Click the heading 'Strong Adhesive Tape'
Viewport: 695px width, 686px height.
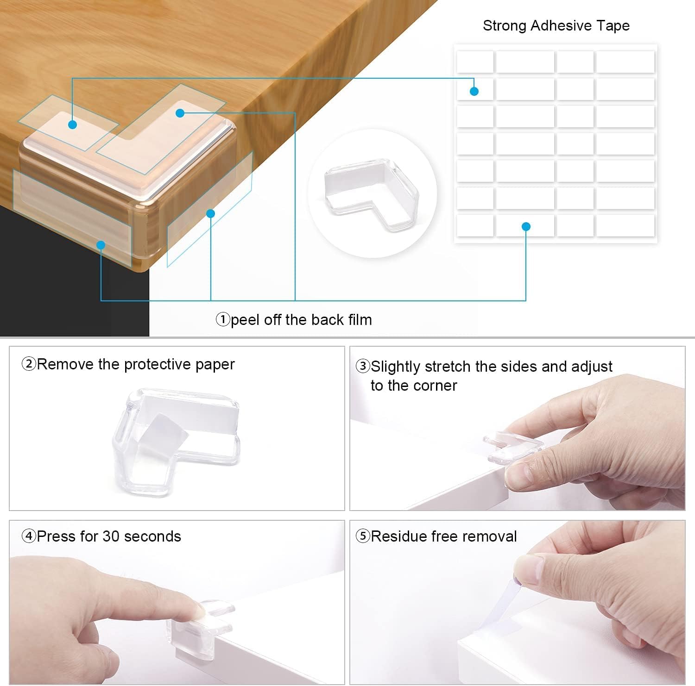556,25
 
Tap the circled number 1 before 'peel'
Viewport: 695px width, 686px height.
223,319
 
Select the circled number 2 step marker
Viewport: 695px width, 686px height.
29,364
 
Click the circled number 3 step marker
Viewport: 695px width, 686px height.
363,366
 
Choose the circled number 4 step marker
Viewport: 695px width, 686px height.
29,536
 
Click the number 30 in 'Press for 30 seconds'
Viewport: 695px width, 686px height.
111,536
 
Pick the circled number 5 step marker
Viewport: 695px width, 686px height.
363,536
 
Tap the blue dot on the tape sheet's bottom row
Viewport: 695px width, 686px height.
526,227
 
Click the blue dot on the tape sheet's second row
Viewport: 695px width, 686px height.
474,91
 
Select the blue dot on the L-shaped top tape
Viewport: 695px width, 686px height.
180,113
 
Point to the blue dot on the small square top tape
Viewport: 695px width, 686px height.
72,125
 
